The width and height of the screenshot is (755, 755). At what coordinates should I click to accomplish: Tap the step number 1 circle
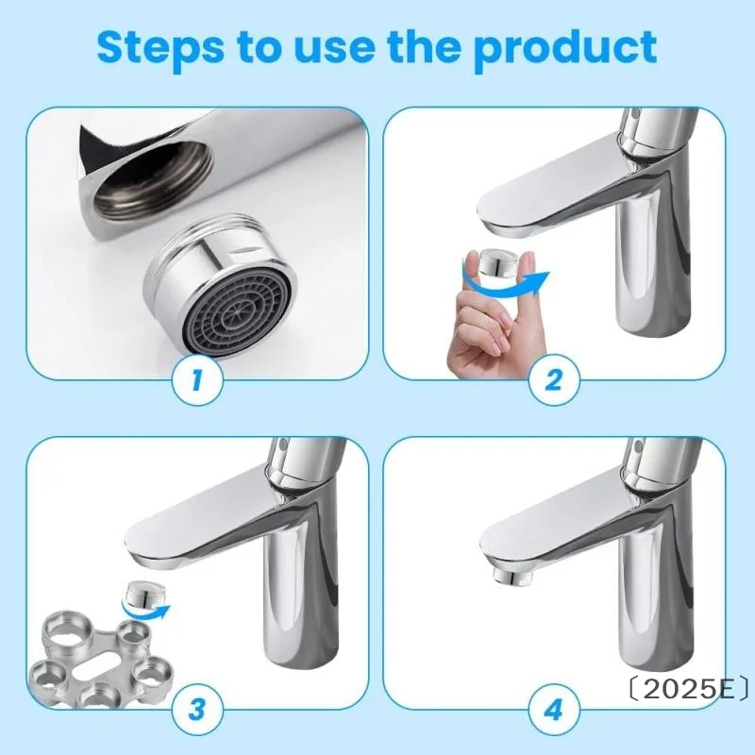tap(197, 380)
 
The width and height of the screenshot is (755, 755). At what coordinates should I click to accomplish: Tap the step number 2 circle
tap(554, 380)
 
